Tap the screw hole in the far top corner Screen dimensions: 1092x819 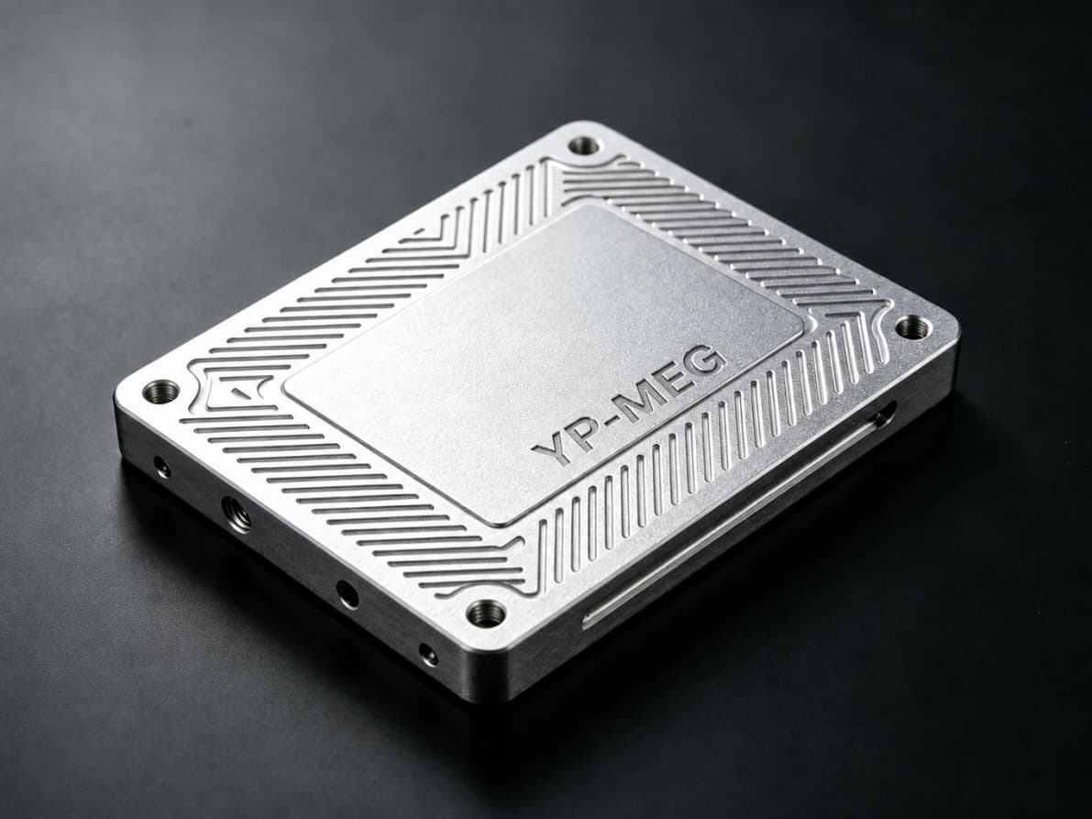click(583, 146)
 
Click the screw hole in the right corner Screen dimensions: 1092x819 click(911, 326)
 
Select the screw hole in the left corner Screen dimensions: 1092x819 click(160, 391)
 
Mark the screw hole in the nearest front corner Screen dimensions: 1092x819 click(485, 613)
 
